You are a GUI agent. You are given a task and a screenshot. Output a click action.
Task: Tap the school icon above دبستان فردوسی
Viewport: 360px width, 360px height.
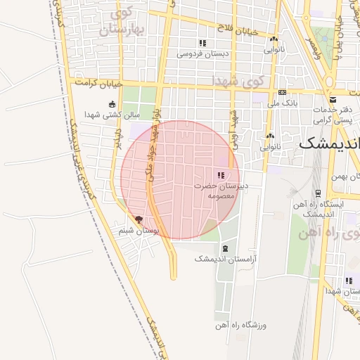(202, 43)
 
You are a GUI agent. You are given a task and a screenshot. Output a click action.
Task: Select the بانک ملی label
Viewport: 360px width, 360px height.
(281, 103)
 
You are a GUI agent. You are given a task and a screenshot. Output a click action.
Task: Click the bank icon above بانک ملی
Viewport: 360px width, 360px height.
(282, 92)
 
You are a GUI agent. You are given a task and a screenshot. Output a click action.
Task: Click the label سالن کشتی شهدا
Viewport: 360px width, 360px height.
(112, 114)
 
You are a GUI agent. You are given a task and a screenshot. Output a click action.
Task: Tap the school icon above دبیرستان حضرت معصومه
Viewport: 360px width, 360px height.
(220, 175)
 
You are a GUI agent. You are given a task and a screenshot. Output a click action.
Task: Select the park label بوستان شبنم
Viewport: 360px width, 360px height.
(139, 230)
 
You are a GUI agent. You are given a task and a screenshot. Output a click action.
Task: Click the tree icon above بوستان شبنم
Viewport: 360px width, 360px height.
(139, 219)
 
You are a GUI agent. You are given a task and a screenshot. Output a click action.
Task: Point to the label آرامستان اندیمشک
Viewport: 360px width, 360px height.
(225, 259)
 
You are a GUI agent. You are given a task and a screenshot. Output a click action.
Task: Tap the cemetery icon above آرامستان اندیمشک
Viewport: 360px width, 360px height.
(225, 248)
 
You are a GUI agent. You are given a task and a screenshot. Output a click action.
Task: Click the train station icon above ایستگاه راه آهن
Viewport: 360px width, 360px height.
(318, 193)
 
